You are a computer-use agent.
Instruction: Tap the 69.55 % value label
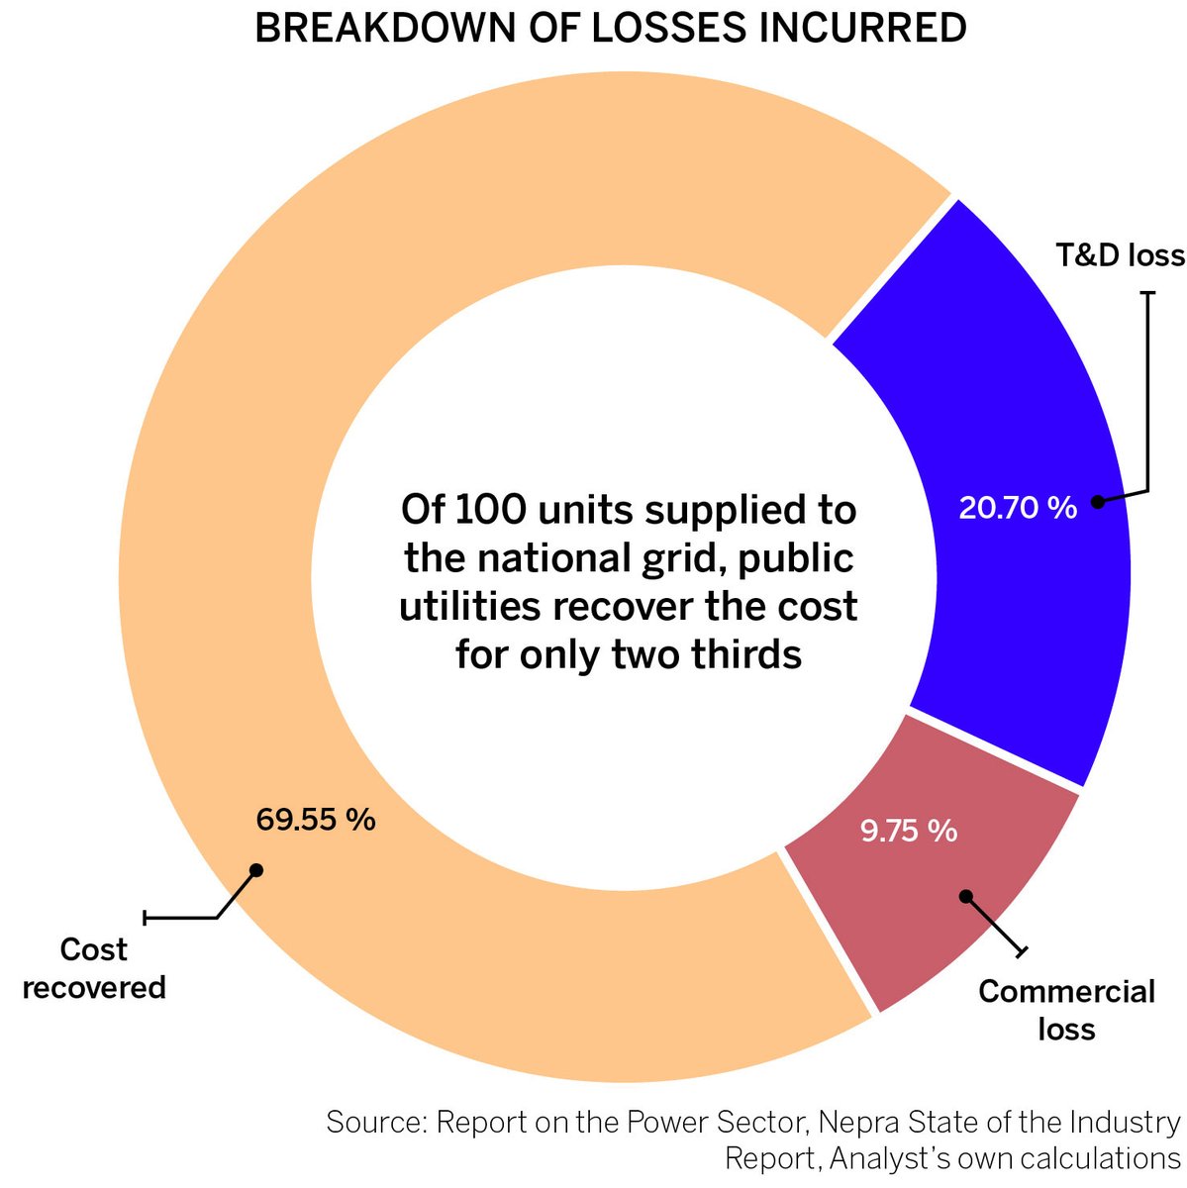315,820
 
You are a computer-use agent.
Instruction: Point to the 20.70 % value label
1017,508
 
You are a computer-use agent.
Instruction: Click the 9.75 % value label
908,831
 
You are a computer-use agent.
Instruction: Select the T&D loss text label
1119,255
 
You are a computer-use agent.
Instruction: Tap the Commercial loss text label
1066,1010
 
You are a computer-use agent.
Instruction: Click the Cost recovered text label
94,968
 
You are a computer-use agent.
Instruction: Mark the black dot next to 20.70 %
1097,502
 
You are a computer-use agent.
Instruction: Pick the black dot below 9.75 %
966,896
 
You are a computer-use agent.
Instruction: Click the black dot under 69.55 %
255,870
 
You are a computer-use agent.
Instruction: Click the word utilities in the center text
470,606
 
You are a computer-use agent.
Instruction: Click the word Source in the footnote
375,1123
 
